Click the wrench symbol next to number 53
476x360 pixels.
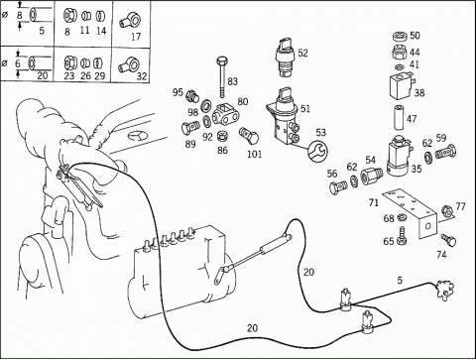pyautogui.click(x=317, y=151)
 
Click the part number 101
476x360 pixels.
pyautogui.click(x=255, y=154)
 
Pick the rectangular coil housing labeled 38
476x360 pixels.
pyautogui.click(x=402, y=87)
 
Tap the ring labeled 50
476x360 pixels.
pyautogui.click(x=401, y=36)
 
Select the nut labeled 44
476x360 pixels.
pyautogui.click(x=401, y=52)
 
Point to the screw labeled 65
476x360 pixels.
pyautogui.click(x=402, y=236)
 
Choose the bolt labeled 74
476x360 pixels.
pyautogui.click(x=449, y=240)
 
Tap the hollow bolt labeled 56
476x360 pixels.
pyautogui.click(x=338, y=186)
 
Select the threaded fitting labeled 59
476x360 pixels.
pyautogui.click(x=445, y=152)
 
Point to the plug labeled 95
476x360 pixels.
pyautogui.click(x=193, y=96)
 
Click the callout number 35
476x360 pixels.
pyautogui.click(x=416, y=169)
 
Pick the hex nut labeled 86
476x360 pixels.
pyautogui.click(x=221, y=136)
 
